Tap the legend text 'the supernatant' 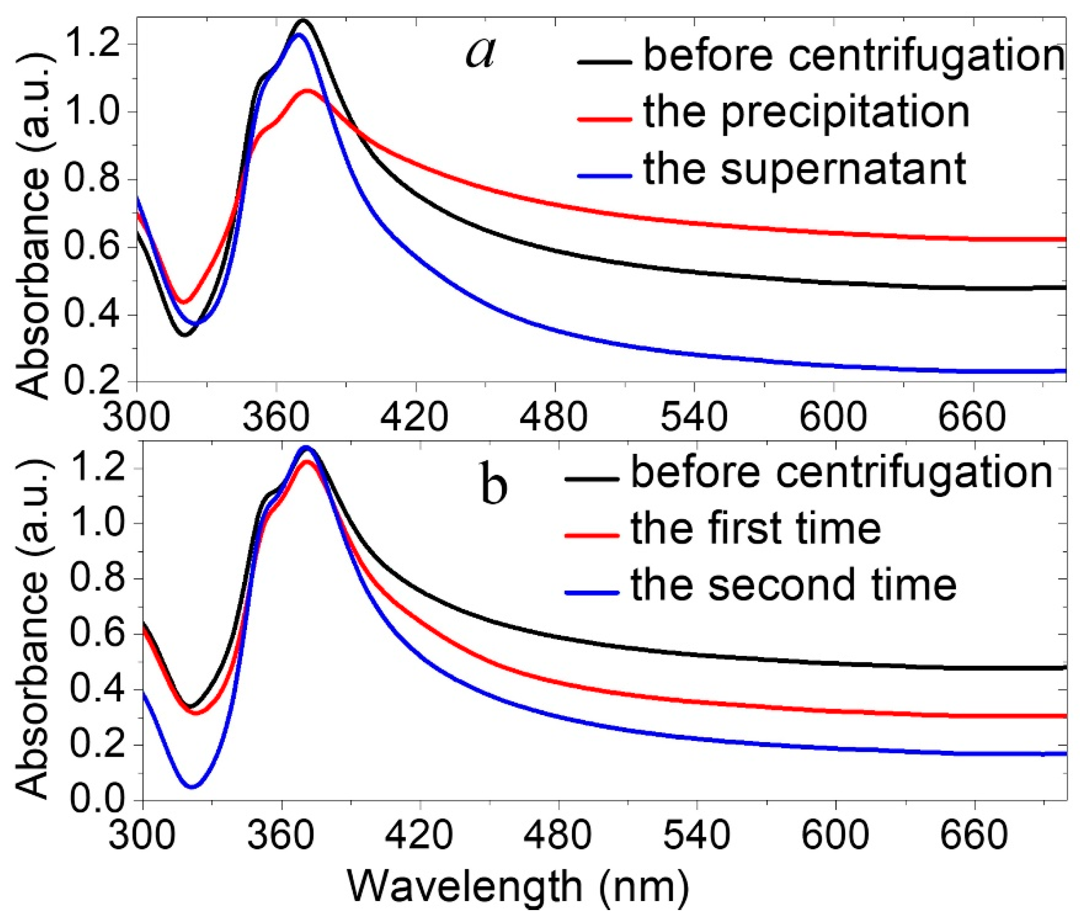click(805, 170)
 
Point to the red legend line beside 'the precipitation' click(604, 119)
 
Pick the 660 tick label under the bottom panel click(974, 835)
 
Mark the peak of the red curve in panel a click(308, 91)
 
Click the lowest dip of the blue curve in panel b click(192, 787)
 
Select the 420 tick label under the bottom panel click(420, 835)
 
